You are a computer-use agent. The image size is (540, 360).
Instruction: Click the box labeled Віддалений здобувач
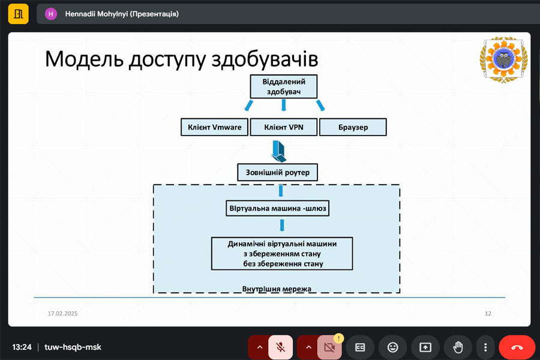(283, 86)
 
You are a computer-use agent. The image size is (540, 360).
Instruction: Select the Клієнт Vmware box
(214, 127)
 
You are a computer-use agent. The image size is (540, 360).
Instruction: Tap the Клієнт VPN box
(283, 127)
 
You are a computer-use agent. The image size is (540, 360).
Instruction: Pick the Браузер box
(352, 127)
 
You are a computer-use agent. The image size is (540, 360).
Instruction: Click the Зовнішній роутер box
(278, 173)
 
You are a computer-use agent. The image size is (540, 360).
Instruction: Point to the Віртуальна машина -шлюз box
(278, 209)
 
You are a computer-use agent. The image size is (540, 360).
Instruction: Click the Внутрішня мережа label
(277, 289)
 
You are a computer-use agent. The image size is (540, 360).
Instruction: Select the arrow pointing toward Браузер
(320, 106)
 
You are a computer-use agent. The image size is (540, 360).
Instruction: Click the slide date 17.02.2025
(63, 314)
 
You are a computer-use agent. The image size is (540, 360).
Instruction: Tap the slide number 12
(488, 314)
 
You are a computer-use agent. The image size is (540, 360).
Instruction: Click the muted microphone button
(280, 347)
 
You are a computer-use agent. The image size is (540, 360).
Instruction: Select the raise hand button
(458, 347)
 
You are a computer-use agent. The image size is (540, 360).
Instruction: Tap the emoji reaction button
(393, 347)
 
